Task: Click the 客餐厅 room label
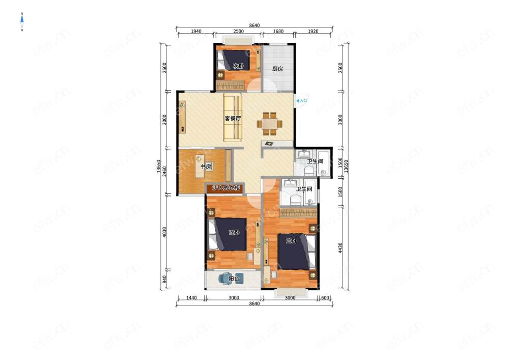pyautogui.click(x=233, y=119)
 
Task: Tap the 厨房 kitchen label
pyautogui.click(x=277, y=69)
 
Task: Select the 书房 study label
pyautogui.click(x=206, y=167)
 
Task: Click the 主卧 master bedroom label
pyautogui.click(x=291, y=241)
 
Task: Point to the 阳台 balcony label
pyautogui.click(x=234, y=279)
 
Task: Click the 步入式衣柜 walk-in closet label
pyautogui.click(x=226, y=188)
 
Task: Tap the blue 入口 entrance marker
pyautogui.click(x=301, y=101)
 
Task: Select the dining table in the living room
pyautogui.click(x=269, y=124)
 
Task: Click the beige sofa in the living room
pyautogui.click(x=233, y=118)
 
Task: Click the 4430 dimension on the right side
pyautogui.click(x=340, y=248)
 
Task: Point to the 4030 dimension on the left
pyautogui.click(x=164, y=232)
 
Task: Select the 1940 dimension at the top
pyautogui.click(x=196, y=32)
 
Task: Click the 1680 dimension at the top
pyautogui.click(x=278, y=32)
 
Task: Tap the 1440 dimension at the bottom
pyautogui.click(x=191, y=298)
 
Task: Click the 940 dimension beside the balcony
pyautogui.click(x=164, y=280)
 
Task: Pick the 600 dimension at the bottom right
pyautogui.click(x=325, y=298)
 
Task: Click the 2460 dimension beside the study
pyautogui.click(x=164, y=172)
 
